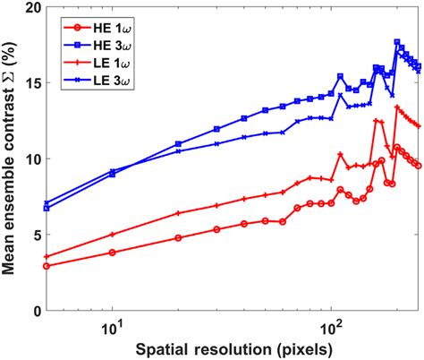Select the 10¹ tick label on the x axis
(112, 324)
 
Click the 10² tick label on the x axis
(331, 324)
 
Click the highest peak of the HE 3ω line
(397, 42)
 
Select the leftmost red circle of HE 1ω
(47, 266)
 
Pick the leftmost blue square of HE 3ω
(47, 208)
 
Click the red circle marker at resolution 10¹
(112, 253)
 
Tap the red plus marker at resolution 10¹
(112, 235)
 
